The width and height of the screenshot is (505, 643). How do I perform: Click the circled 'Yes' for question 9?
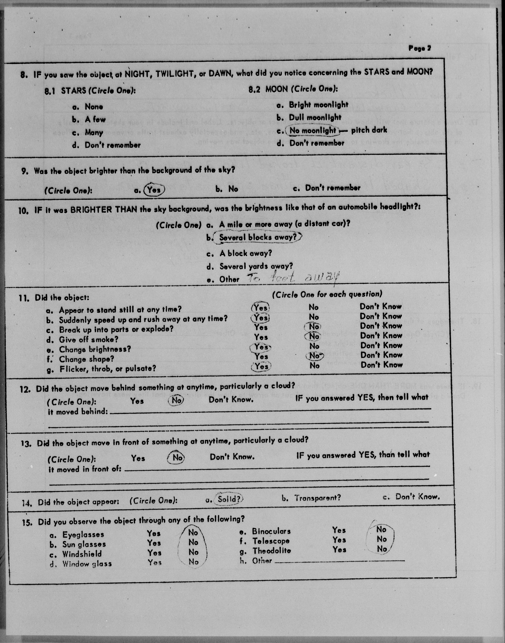pyautogui.click(x=154, y=190)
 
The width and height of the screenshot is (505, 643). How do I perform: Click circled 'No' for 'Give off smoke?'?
pyautogui.click(x=314, y=336)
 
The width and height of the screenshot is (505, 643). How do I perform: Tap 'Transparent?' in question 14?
pyautogui.click(x=317, y=498)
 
